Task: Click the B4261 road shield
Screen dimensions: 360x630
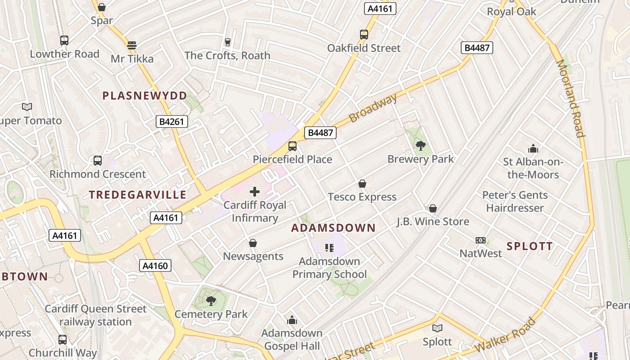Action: point(171,121)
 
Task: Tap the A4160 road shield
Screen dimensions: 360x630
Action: point(155,265)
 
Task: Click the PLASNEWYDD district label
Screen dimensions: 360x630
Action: point(144,96)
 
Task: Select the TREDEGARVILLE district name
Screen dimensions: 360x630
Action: point(137,195)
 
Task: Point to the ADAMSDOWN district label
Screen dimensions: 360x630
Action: point(333,228)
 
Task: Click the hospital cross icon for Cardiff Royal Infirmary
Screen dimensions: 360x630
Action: point(255,192)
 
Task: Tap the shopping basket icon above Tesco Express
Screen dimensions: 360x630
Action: point(362,184)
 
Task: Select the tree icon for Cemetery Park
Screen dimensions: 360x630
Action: point(211,301)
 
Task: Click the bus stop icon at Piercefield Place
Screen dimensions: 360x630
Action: point(292,146)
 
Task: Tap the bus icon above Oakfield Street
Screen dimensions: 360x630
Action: point(364,35)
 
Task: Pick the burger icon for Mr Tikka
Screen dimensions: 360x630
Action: point(132,45)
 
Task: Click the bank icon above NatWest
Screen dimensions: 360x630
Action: point(481,240)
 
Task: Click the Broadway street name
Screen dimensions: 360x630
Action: point(373,108)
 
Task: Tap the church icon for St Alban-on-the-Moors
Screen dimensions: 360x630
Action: point(533,148)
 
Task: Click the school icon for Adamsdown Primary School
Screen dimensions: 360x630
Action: point(329,248)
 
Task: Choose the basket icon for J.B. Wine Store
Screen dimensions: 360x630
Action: point(432,208)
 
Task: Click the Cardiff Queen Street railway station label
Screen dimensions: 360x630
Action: point(95,315)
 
